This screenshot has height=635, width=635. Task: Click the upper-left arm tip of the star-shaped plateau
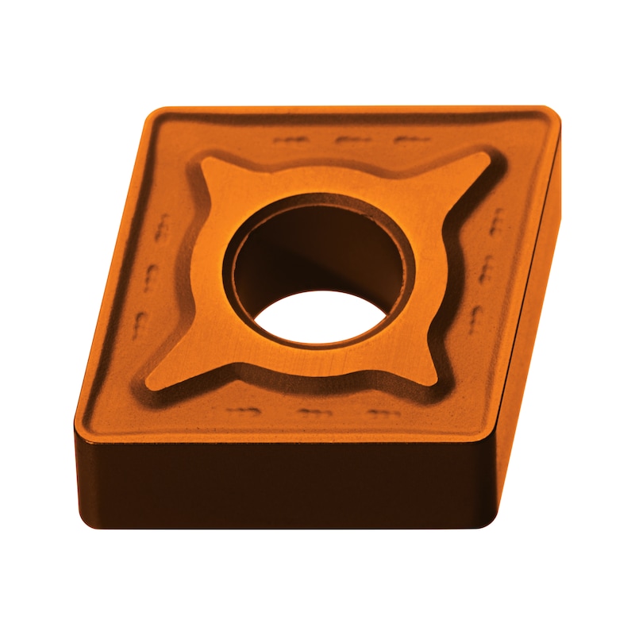206,162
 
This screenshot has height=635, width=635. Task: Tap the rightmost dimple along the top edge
411,141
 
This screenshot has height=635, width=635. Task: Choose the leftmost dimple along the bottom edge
242,412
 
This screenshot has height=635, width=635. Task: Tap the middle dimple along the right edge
486,270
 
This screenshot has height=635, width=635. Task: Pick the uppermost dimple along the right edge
497,223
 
